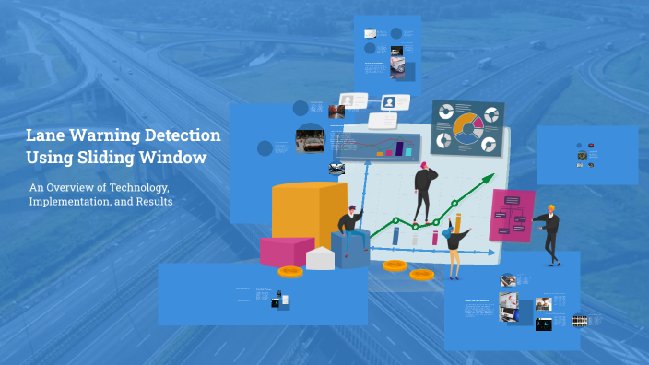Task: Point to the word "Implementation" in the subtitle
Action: coord(67,202)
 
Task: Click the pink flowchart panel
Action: coord(512,215)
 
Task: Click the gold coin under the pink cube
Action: coord(290,271)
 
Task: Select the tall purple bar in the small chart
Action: coord(400,147)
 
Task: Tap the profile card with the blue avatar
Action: coord(390,102)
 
